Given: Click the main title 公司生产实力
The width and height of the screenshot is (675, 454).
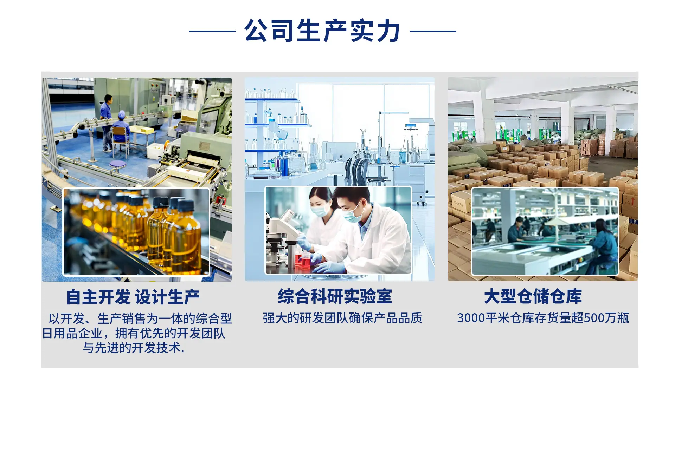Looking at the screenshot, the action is [322, 31].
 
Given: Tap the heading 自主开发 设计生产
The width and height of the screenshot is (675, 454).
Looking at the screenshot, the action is [133, 297].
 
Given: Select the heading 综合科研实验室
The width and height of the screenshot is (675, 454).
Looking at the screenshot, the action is [335, 296].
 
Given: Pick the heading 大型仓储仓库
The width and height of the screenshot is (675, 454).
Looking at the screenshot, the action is [533, 296].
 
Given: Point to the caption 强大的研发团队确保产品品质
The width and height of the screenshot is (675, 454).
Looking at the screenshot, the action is [343, 318].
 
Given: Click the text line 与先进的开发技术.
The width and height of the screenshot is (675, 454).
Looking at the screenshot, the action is [133, 348].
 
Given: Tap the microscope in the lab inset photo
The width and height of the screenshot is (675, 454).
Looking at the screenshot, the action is [281, 239].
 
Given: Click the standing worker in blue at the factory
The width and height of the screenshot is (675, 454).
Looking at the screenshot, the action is [106, 121].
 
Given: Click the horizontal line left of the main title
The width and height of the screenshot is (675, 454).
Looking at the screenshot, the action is [212, 31].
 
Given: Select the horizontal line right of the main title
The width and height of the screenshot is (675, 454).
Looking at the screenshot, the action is [433, 31].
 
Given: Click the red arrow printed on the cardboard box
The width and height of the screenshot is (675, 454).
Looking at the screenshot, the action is [633, 201].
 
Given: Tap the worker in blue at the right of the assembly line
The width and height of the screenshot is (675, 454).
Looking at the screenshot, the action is [603, 246].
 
